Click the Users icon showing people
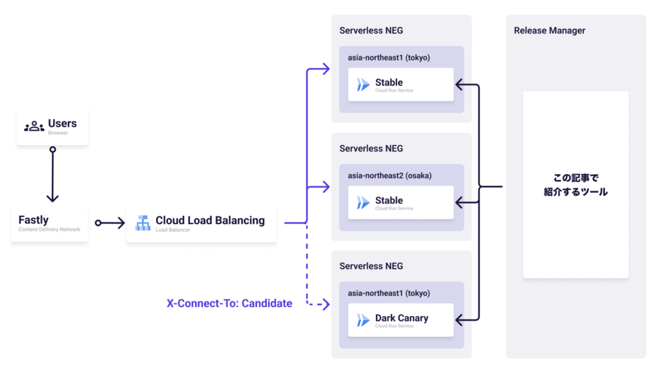point(34,127)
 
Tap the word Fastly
point(33,220)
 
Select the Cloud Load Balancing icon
point(142,223)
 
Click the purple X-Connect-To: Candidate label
point(229,303)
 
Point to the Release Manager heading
point(549,31)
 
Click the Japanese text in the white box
point(576,184)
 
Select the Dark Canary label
point(402,318)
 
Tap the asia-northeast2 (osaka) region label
point(389,175)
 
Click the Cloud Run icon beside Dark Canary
point(363,320)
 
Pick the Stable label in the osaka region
point(389,200)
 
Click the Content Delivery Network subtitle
point(49,229)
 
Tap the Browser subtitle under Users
point(58,133)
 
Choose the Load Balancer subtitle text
point(173,230)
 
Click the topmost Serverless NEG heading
point(371,31)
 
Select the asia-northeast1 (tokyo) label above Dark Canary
point(389,293)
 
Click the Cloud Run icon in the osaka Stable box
point(363,202)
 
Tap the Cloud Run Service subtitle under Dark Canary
point(394,326)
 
